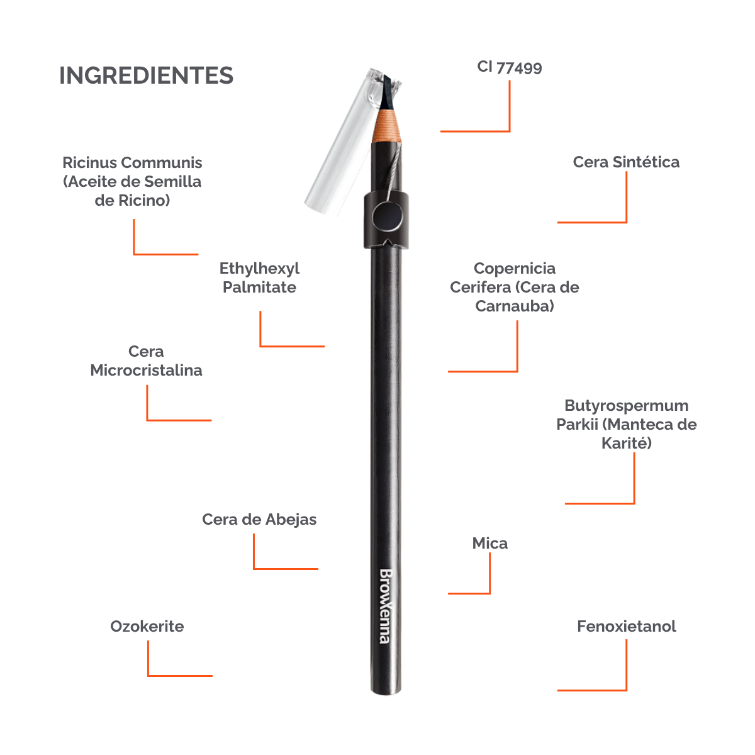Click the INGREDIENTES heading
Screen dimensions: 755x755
pos(146,75)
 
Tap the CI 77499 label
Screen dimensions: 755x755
pos(510,67)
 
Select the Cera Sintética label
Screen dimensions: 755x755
pos(626,162)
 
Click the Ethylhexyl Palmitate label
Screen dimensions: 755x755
pos(259,278)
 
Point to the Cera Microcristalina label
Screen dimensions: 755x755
pos(146,361)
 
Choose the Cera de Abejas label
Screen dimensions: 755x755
pos(259,520)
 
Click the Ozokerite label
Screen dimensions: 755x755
pos(147,626)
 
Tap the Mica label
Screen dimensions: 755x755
pos(489,543)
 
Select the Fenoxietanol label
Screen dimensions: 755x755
pos(627,626)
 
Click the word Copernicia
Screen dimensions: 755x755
pos(515,269)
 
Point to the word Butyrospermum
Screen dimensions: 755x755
pos(626,406)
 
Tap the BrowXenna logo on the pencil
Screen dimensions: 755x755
pos(385,606)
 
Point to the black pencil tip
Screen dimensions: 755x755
pos(386,93)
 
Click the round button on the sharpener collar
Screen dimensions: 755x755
pos(387,216)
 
